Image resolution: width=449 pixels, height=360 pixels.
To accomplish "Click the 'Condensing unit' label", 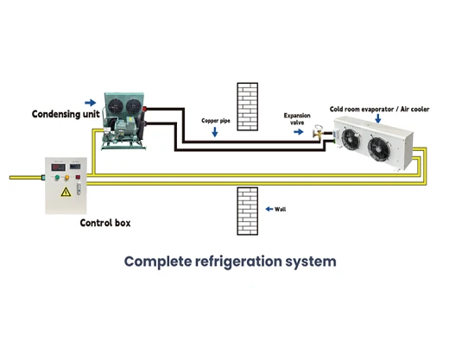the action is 66,114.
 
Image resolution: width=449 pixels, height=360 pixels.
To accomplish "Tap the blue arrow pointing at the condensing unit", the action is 91,103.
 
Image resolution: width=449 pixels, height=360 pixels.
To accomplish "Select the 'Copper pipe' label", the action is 216,121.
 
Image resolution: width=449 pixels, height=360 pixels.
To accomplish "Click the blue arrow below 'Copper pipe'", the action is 215,132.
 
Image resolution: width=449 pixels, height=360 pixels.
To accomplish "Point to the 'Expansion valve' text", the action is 297,119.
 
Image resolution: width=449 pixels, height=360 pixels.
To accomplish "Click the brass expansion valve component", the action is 319,132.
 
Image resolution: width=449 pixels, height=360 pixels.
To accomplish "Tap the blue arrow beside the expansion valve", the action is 299,132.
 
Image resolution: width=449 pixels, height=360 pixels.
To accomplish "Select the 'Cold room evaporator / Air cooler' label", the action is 379,110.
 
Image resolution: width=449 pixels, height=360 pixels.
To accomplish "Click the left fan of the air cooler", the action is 351,139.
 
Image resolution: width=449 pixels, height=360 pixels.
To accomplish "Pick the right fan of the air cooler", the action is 380,149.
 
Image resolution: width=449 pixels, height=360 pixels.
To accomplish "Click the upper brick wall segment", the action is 248,107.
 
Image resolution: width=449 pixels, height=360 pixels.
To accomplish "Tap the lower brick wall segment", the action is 248,212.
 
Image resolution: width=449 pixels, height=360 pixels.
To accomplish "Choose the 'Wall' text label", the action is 280,209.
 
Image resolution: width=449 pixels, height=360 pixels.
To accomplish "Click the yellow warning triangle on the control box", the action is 66,192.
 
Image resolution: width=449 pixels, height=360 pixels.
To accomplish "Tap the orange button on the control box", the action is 66,178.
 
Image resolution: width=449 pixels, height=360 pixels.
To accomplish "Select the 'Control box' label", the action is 105,223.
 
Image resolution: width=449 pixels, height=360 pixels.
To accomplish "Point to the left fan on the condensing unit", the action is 116,106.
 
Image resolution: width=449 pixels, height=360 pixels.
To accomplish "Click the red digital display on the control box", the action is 59,167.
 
